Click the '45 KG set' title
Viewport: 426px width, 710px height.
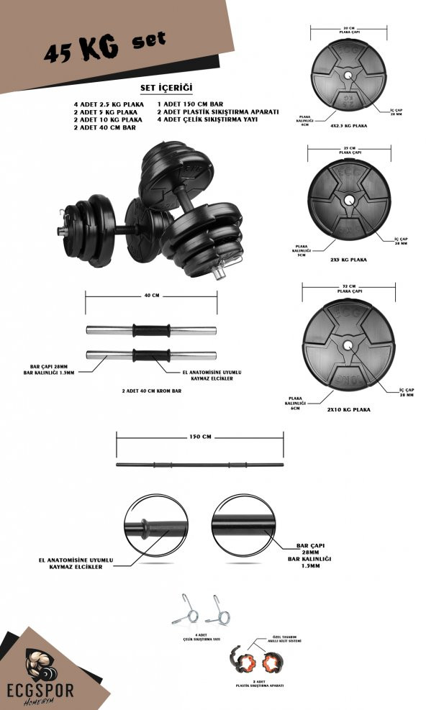click(104, 48)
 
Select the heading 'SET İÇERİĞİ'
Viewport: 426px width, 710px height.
click(166, 87)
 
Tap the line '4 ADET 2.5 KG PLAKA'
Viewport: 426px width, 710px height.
click(108, 104)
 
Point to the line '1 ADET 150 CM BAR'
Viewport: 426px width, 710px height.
click(188, 104)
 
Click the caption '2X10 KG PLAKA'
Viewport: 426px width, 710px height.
click(349, 409)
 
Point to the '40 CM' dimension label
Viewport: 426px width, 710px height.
click(152, 295)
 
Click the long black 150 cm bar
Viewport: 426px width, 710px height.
click(200, 465)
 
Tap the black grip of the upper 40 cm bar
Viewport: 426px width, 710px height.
click(152, 330)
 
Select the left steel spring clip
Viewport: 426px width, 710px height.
click(186, 611)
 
